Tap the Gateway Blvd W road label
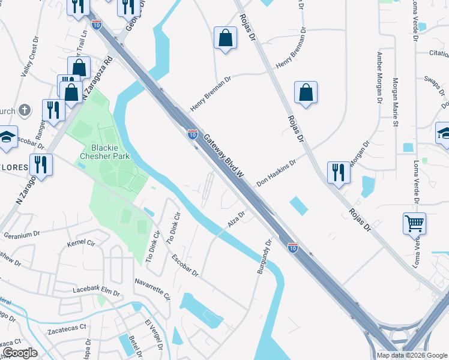click(225, 156)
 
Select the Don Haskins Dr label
click(277, 172)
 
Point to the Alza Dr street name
click(237, 220)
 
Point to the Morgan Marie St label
click(396, 102)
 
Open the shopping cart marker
click(414, 224)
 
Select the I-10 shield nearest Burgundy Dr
click(292, 247)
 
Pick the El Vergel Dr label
click(152, 333)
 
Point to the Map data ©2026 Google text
click(411, 355)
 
